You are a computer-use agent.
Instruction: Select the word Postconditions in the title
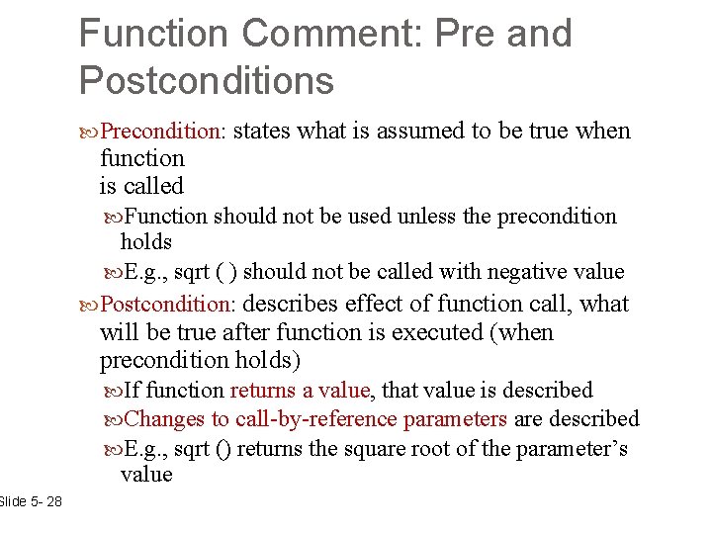point(206,80)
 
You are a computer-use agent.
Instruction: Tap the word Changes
point(164,419)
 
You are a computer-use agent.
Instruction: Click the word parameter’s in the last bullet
point(567,449)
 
